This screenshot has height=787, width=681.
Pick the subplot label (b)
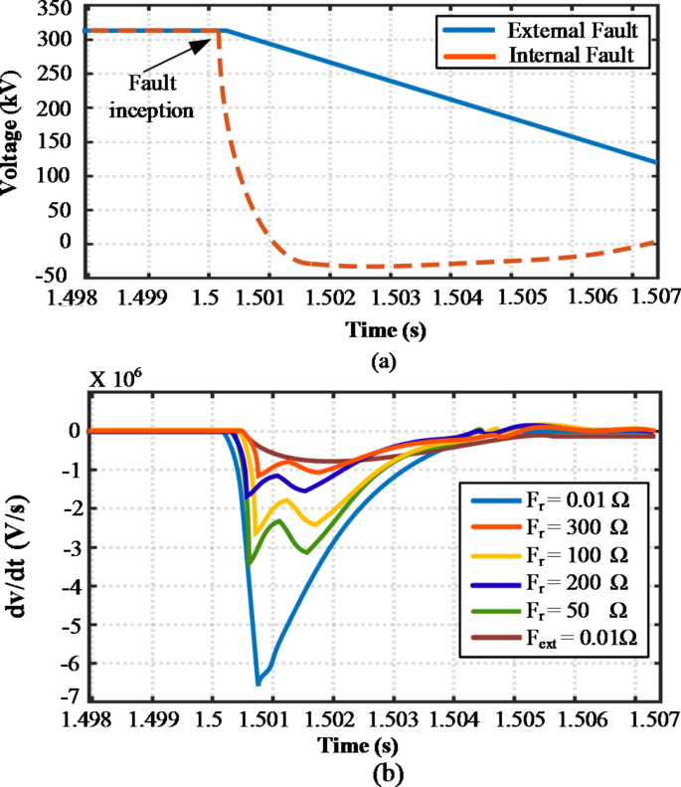pyautogui.click(x=383, y=771)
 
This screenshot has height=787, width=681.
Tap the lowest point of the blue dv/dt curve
pyautogui.click(x=258, y=685)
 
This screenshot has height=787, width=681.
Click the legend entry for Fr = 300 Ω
pyautogui.click(x=569, y=519)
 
